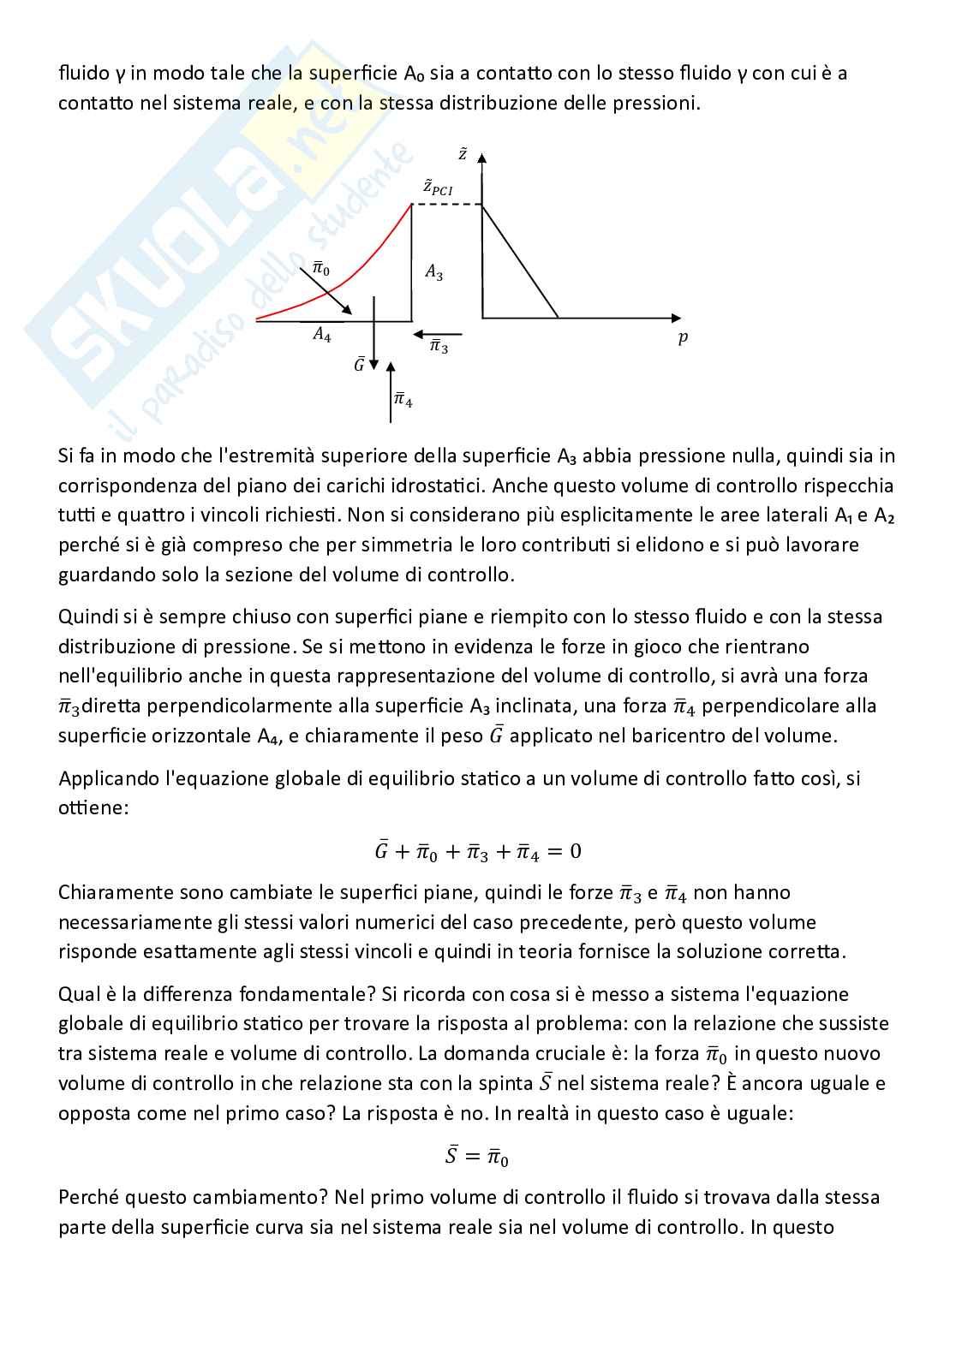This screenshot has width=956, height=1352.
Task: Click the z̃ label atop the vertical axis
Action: click(463, 155)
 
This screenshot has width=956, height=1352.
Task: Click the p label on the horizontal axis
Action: click(683, 338)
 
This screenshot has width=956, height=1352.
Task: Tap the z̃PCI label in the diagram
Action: click(437, 188)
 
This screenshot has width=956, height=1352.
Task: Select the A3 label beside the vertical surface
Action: click(434, 274)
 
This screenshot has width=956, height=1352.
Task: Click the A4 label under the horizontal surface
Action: click(322, 336)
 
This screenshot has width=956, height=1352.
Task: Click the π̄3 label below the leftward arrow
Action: click(439, 348)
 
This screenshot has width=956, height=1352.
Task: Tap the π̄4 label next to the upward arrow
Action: click(403, 400)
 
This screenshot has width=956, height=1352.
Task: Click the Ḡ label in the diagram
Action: click(360, 366)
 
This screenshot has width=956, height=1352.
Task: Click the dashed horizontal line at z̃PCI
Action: click(447, 205)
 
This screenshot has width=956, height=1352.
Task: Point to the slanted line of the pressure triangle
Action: click(521, 261)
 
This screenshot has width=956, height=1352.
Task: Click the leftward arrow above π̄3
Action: click(437, 335)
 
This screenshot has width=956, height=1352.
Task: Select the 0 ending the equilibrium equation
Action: click(575, 851)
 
